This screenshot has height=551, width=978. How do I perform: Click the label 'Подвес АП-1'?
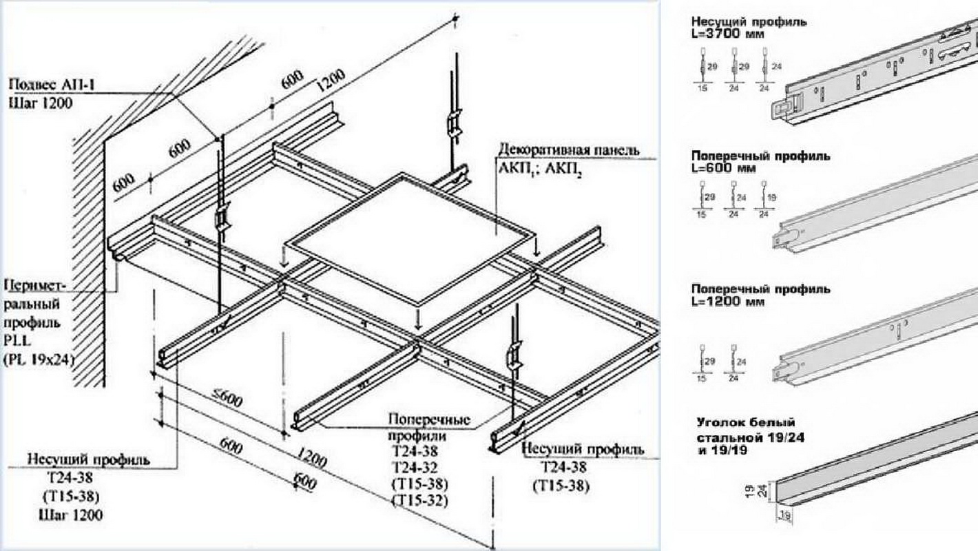point(52,85)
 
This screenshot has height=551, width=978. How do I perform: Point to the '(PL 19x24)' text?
point(39,359)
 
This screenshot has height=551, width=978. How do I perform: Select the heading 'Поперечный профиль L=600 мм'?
point(760,161)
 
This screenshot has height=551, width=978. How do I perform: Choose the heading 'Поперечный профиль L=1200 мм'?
point(760,294)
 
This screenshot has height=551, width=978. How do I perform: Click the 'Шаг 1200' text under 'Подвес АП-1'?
point(41,103)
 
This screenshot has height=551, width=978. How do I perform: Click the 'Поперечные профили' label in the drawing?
point(428,427)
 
